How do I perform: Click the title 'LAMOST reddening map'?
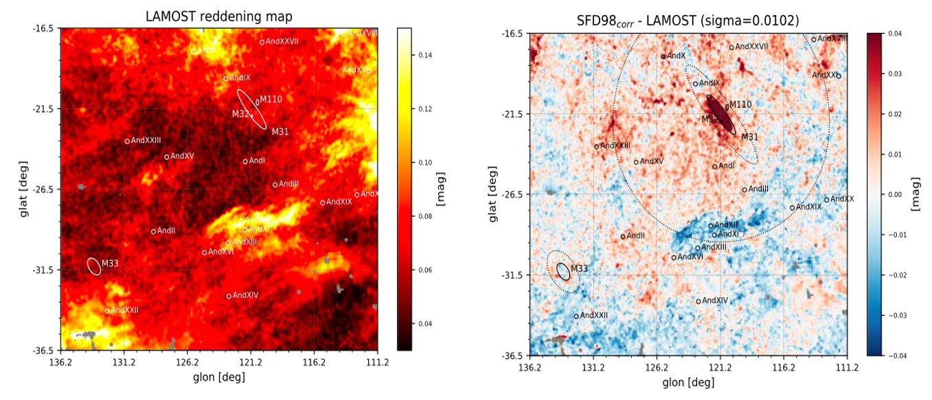tap(219, 16)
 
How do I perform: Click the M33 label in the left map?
tap(110, 263)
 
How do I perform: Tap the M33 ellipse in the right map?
tap(563, 271)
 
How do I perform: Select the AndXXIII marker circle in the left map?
tap(127, 141)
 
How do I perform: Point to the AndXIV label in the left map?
tap(245, 295)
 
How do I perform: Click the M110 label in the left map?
tap(271, 99)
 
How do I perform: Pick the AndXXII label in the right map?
tap(596, 315)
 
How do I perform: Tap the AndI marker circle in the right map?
tap(714, 167)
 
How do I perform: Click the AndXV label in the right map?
tap(652, 161)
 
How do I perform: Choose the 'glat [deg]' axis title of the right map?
tap(492, 194)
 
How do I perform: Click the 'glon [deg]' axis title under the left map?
tap(219, 377)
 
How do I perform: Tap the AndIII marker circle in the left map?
tap(275, 185)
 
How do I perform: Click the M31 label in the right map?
tap(749, 137)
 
